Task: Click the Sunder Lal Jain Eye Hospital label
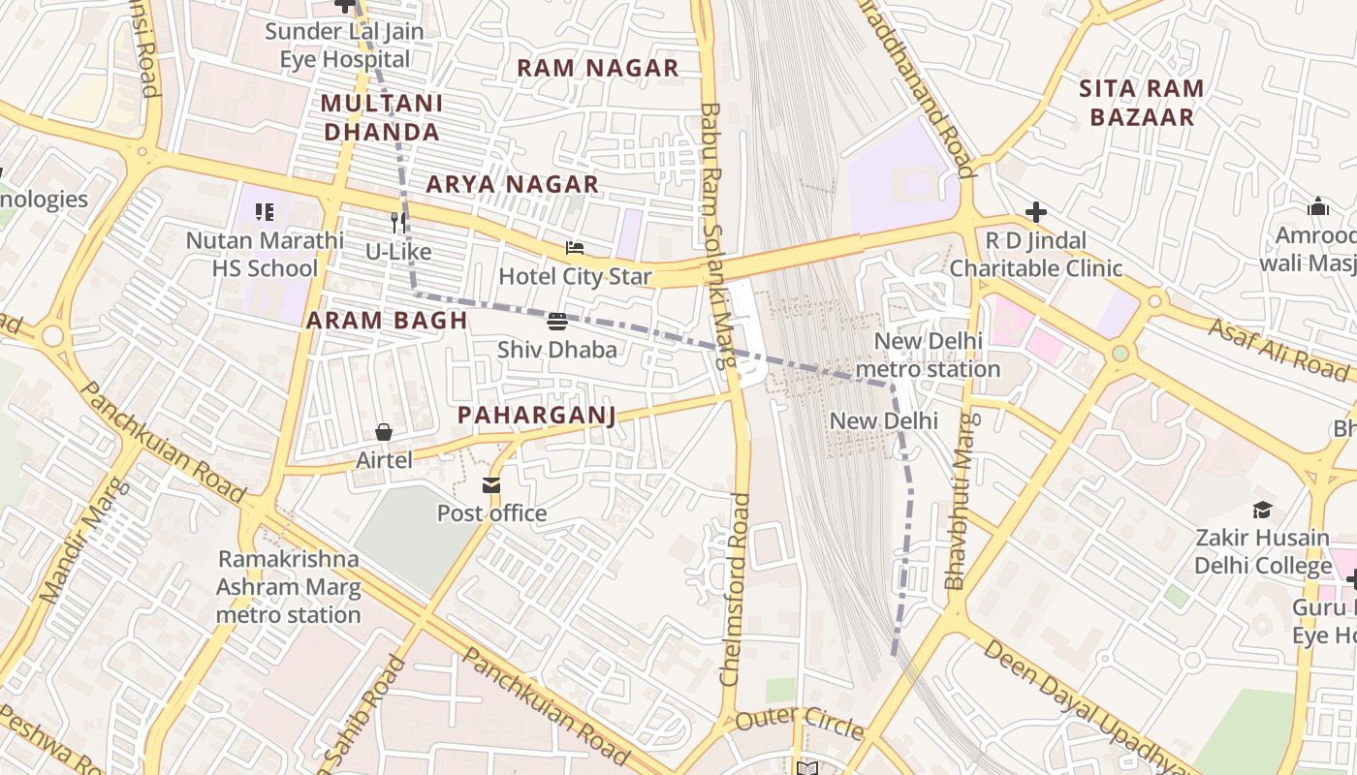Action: pyautogui.click(x=344, y=46)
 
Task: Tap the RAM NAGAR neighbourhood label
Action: pyautogui.click(x=597, y=68)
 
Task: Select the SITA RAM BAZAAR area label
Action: pyautogui.click(x=1142, y=103)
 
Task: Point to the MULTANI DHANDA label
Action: pyautogui.click(x=382, y=117)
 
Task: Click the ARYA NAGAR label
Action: pyautogui.click(x=513, y=184)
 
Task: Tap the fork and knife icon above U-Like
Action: pyautogui.click(x=398, y=223)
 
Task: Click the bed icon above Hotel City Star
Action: pyautogui.click(x=575, y=249)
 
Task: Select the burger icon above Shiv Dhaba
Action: pyautogui.click(x=557, y=322)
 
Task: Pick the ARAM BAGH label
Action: pyautogui.click(x=387, y=321)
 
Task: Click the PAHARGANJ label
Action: pyautogui.click(x=536, y=416)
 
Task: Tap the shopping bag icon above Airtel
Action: pyautogui.click(x=384, y=432)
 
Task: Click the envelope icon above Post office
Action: pyautogui.click(x=491, y=485)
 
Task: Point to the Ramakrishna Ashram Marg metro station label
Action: pyautogui.click(x=288, y=587)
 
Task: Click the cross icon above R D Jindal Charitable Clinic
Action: pyautogui.click(x=1035, y=212)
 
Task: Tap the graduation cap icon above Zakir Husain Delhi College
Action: pyautogui.click(x=1262, y=510)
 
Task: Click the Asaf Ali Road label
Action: pyautogui.click(x=1278, y=348)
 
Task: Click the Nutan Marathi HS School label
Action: pyautogui.click(x=265, y=254)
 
